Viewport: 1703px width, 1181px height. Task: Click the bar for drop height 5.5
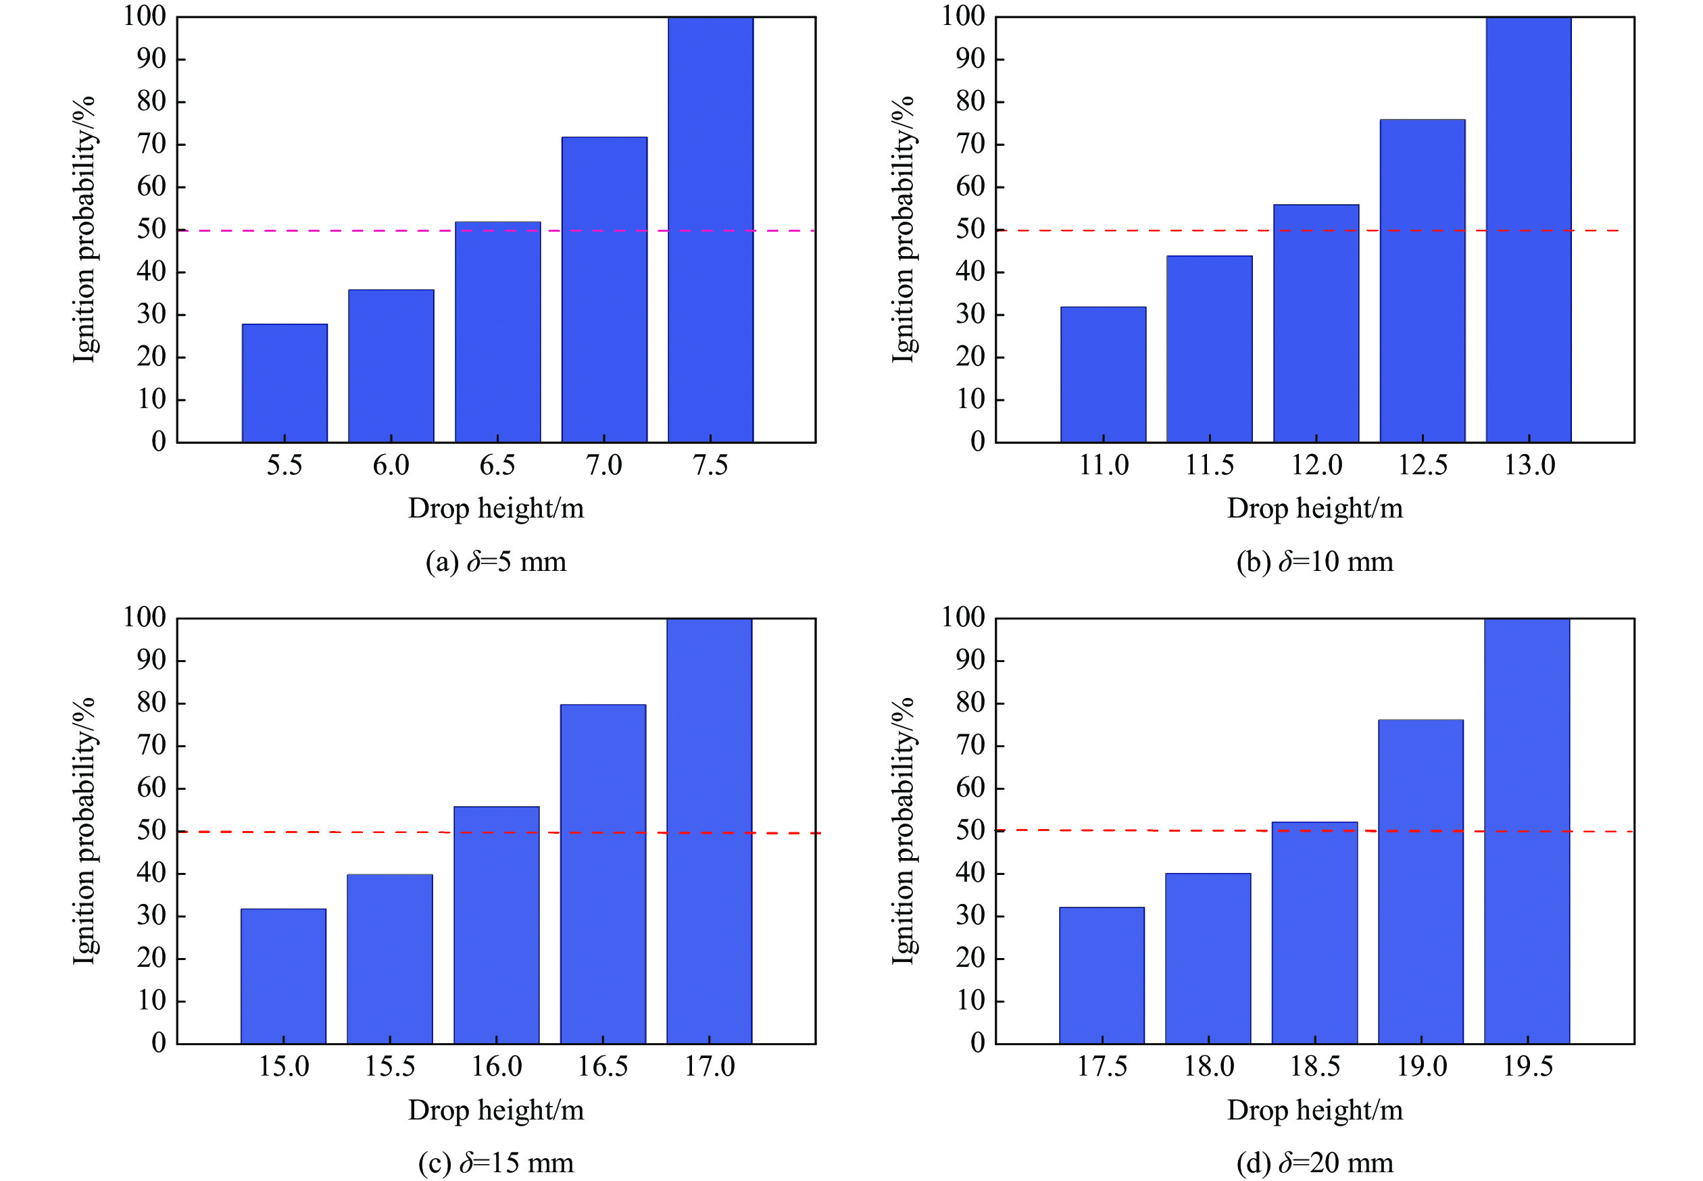(x=285, y=383)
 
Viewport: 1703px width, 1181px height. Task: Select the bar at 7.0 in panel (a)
(x=604, y=290)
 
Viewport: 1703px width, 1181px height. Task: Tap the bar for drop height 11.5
(x=1210, y=349)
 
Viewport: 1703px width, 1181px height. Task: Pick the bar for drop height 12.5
(x=1422, y=281)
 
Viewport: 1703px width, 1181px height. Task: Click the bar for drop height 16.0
(x=496, y=925)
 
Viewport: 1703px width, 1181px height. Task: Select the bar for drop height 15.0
(x=283, y=976)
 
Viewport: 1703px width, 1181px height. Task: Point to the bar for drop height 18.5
(x=1314, y=932)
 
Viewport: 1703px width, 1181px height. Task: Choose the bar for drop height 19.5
(x=1527, y=831)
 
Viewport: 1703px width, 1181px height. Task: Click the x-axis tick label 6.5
(x=497, y=466)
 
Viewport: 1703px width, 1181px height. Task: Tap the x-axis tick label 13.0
(x=1529, y=466)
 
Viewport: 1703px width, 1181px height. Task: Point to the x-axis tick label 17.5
(x=1102, y=1066)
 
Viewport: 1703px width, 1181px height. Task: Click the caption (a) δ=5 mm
(x=496, y=561)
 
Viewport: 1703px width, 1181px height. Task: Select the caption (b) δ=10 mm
(x=1314, y=561)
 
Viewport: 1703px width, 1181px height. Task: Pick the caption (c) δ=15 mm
(x=496, y=1163)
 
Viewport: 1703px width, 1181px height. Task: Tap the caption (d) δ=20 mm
(x=1314, y=1163)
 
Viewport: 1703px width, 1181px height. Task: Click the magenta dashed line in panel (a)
(x=207, y=231)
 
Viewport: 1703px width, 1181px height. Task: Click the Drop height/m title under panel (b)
(x=1314, y=508)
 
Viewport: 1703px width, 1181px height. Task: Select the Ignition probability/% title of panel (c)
(x=84, y=831)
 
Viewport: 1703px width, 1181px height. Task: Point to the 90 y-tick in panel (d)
(x=970, y=660)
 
